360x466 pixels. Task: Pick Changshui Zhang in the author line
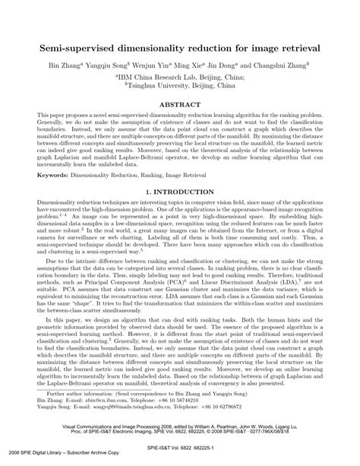click(x=284, y=65)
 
